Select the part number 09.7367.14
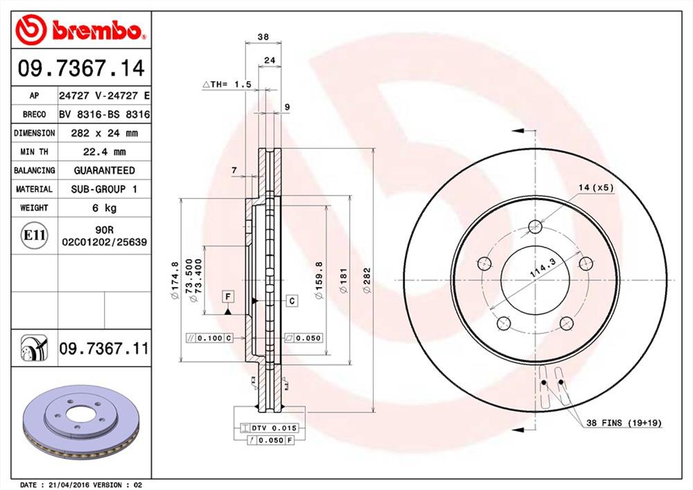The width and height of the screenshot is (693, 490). pos(82,69)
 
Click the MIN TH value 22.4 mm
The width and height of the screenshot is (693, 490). pos(104,152)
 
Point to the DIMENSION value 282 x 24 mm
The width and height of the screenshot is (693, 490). pos(104,133)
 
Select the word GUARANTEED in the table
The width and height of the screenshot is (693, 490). pos(104,170)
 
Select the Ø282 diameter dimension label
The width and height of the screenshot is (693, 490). pos(367,280)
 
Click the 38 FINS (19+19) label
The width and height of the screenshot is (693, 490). pos(624,422)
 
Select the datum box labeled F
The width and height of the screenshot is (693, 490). pos(227,297)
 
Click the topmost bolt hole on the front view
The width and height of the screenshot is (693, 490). pos(534,226)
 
